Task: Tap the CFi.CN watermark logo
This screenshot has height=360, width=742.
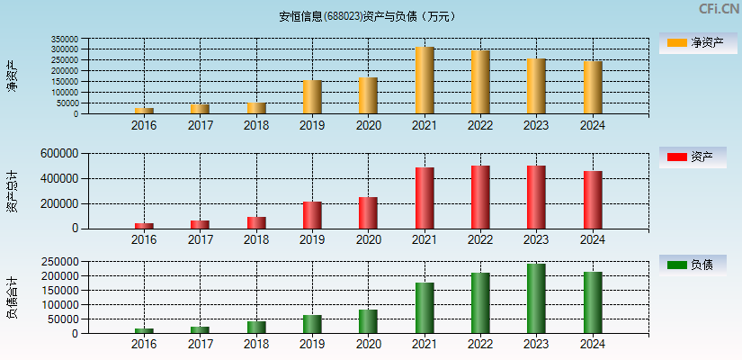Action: point(719,9)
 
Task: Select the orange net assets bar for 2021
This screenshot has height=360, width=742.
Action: point(425,80)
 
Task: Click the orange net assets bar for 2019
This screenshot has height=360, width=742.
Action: point(312,97)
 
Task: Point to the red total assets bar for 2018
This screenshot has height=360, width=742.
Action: point(256,222)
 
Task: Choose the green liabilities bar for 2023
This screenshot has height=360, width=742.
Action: point(536,299)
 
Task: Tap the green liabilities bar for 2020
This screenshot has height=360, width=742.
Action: point(368,321)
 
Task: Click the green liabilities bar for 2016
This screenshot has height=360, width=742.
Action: point(144,330)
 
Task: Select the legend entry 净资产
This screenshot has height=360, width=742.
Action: point(692,42)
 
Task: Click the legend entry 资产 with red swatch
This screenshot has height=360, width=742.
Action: point(692,157)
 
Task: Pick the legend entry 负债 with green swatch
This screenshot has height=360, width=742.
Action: point(692,265)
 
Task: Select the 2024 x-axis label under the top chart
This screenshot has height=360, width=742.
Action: point(592,125)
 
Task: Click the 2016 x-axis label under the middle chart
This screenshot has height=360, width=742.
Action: point(144,239)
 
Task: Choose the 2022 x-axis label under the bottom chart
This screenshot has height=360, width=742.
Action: point(480,344)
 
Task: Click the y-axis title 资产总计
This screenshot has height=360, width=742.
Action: point(12,191)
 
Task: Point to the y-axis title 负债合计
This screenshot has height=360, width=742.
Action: point(12,298)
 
